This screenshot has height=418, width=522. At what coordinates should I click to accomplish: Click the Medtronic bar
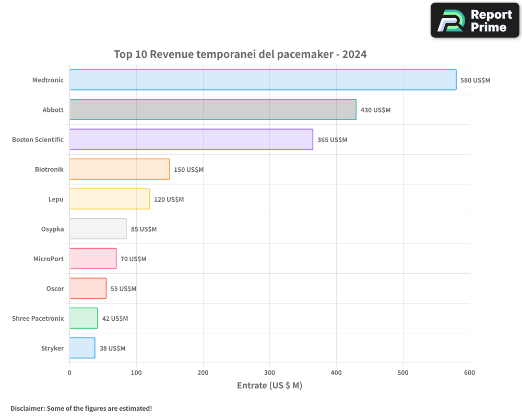(x=263, y=80)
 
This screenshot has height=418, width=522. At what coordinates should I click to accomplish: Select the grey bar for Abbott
(x=212, y=110)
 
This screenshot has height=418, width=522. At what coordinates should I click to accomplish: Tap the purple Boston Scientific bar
(x=191, y=140)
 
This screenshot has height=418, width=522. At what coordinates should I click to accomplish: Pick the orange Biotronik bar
(x=120, y=169)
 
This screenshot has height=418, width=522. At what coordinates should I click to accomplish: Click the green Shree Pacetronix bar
(x=84, y=318)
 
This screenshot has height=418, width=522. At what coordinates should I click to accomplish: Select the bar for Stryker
(x=82, y=348)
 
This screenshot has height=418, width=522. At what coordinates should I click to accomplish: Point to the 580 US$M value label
(x=475, y=80)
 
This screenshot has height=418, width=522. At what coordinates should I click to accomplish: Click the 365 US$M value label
(x=332, y=140)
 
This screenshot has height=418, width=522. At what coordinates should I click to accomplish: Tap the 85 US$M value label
(x=144, y=229)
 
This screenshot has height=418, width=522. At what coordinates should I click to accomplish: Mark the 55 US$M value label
(x=123, y=289)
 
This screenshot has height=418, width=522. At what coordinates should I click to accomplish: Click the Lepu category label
(x=56, y=199)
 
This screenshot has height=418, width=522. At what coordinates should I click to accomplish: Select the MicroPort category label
(x=49, y=259)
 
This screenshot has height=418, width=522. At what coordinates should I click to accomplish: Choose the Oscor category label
(x=55, y=288)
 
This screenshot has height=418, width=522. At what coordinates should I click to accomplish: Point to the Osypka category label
(x=52, y=229)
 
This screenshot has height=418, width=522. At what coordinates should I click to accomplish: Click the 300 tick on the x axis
(x=270, y=373)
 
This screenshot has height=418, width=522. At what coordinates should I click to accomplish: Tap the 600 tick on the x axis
(x=469, y=373)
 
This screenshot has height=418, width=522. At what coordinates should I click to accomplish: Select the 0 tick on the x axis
(x=69, y=373)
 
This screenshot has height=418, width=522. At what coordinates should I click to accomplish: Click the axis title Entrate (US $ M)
(x=269, y=386)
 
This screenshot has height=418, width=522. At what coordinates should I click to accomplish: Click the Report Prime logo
(x=475, y=20)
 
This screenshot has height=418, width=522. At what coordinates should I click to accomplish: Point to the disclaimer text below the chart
(x=81, y=408)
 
